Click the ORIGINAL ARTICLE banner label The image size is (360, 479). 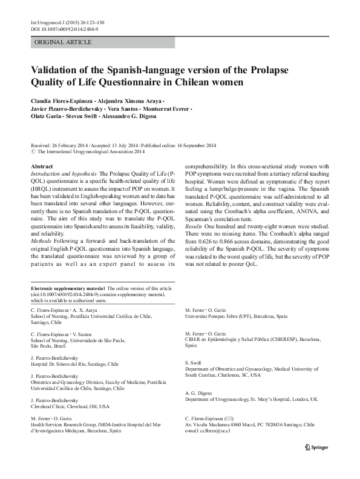pyautogui.click(x=64, y=42)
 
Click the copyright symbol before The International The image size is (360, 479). pyautogui.click(x=33, y=153)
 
